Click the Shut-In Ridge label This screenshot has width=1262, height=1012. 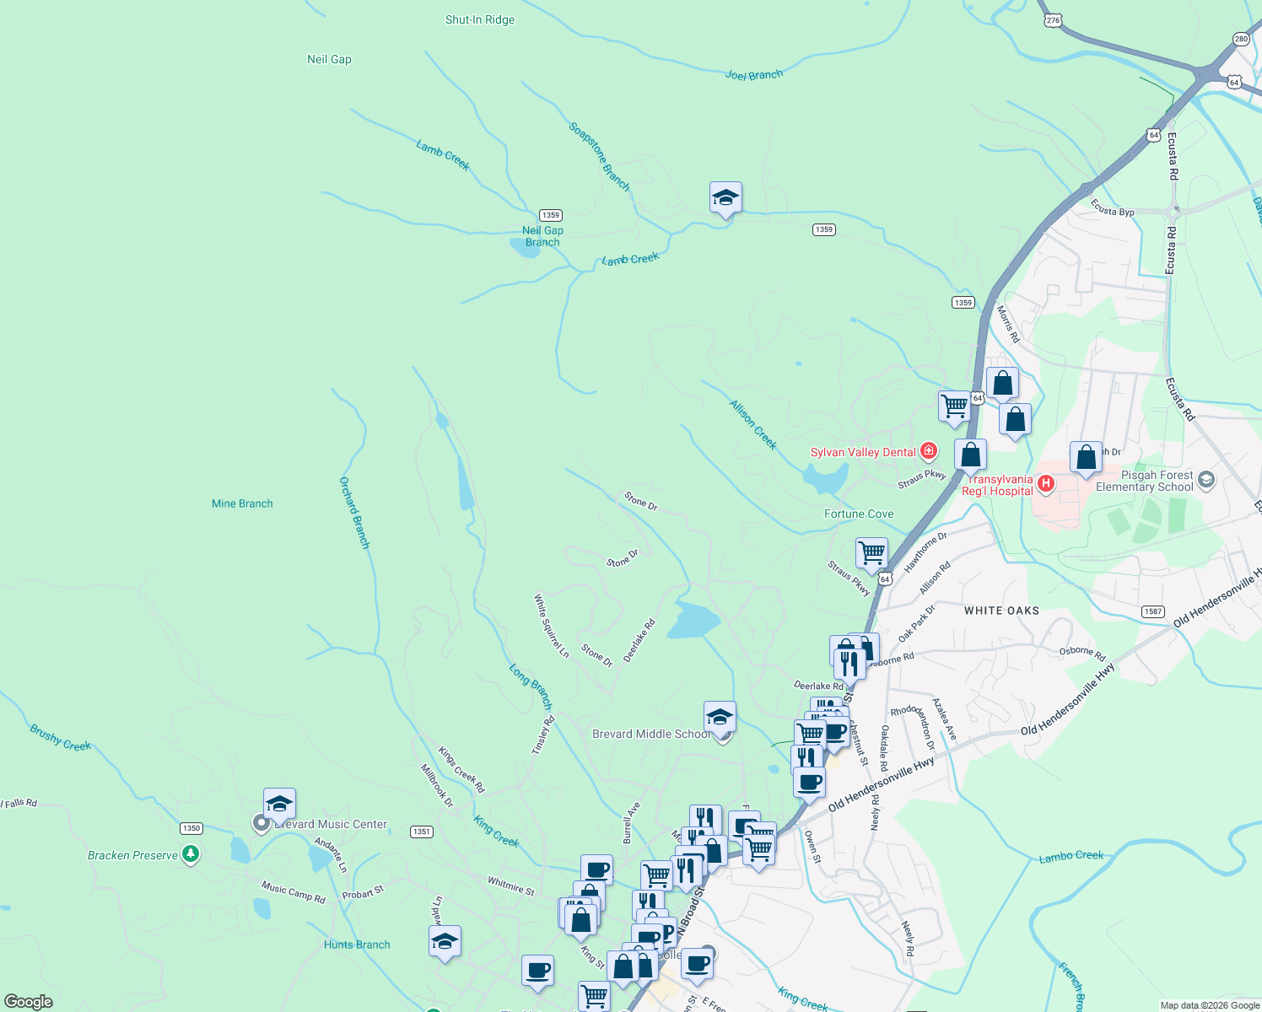click(x=479, y=19)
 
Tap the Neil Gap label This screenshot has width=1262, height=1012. click(x=329, y=59)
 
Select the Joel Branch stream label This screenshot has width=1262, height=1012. click(x=753, y=75)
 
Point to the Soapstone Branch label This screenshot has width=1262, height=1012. click(x=599, y=156)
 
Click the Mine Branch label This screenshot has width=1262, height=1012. click(x=242, y=503)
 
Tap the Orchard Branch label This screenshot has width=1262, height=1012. click(x=354, y=513)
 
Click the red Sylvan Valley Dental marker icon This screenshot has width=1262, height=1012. click(x=929, y=451)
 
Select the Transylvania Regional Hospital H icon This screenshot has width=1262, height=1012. click(x=1046, y=483)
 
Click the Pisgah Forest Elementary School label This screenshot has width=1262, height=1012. click(x=1144, y=481)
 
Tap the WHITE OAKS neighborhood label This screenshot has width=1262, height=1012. click(x=1001, y=610)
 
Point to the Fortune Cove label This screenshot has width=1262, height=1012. click(x=859, y=514)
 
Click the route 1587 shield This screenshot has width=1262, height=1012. click(x=1153, y=611)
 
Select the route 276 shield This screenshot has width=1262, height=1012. click(x=1052, y=20)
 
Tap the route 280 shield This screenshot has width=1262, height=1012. click(x=1241, y=39)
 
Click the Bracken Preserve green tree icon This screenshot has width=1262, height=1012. click(x=191, y=854)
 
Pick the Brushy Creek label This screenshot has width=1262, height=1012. click(x=60, y=738)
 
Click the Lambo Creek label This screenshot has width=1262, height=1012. click(x=1071, y=856)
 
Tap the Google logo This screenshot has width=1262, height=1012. click(x=29, y=1002)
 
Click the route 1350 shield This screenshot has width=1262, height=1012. click(x=191, y=828)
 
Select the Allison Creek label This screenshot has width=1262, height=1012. click(x=752, y=425)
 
